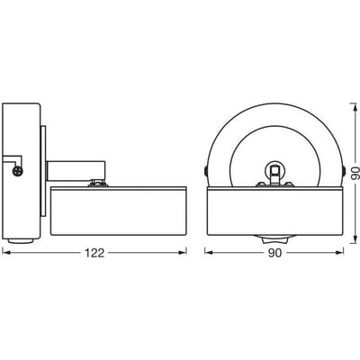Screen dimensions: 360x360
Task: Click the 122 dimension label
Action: click(x=94, y=253)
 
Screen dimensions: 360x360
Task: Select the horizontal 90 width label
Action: click(x=274, y=253)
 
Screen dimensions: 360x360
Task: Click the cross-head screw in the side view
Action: click(x=18, y=171)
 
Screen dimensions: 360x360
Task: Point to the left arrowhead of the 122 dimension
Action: click(x=6, y=253)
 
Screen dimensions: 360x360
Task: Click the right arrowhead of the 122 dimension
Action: click(x=183, y=253)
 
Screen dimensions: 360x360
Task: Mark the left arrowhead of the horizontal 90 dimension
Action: click(x=209, y=253)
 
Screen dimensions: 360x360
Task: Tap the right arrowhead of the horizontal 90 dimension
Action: click(x=339, y=253)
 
